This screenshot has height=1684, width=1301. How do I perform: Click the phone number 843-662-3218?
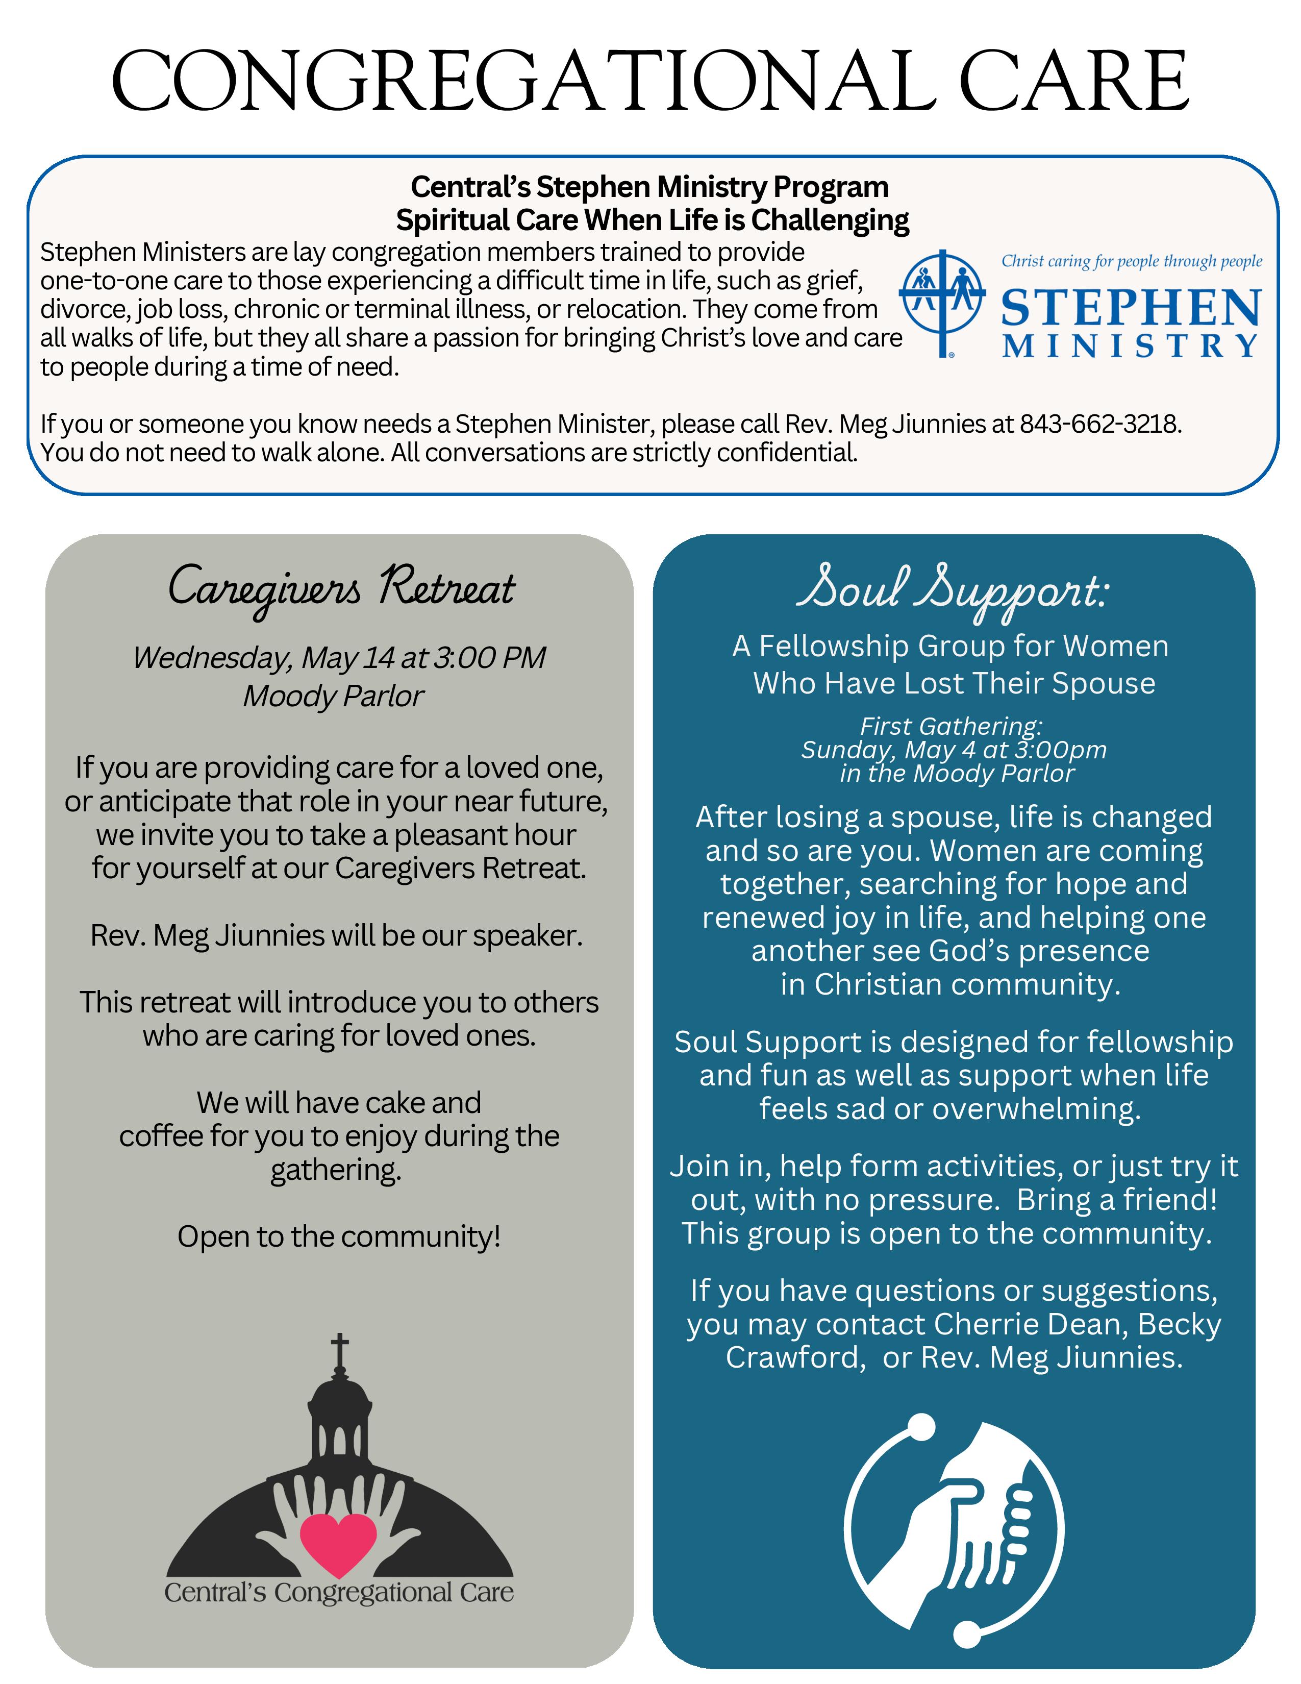click(x=1100, y=424)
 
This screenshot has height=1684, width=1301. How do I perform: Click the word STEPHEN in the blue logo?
click(x=1131, y=308)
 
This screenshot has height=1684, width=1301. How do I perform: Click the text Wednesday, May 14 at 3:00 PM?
click(x=339, y=658)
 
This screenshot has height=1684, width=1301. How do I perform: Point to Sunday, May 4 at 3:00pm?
click(x=954, y=750)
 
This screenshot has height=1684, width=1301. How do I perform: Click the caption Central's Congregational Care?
click(x=339, y=1592)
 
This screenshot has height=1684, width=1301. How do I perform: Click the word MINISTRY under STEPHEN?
click(x=1131, y=346)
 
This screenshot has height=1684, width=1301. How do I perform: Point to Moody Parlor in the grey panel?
click(x=333, y=696)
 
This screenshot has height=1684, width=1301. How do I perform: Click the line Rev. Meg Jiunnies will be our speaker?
click(x=337, y=935)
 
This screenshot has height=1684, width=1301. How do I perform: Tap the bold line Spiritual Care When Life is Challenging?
click(x=652, y=220)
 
